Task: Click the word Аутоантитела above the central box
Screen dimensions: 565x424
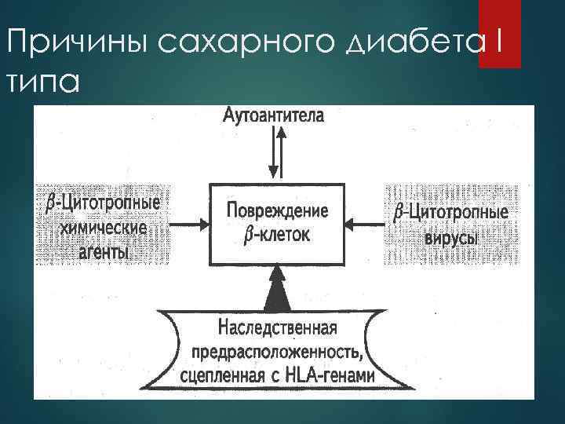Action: pos(273,116)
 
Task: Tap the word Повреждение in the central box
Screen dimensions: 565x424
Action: pos(277,210)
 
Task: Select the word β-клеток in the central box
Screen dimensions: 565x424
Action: pos(277,234)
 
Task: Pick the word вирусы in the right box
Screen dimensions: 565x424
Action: pos(450,236)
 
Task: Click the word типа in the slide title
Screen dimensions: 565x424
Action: pos(38,81)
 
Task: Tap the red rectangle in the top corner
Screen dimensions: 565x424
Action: pos(500,34)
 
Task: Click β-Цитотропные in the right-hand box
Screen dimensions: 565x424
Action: pos(450,212)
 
